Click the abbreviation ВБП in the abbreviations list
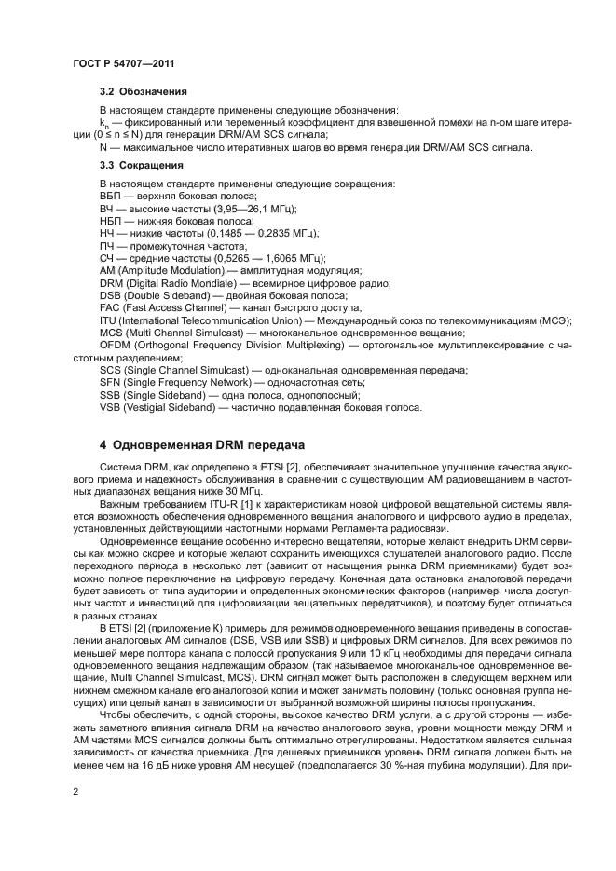112,197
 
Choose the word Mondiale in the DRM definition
205,283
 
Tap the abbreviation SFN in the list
111,383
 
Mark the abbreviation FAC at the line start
111,308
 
